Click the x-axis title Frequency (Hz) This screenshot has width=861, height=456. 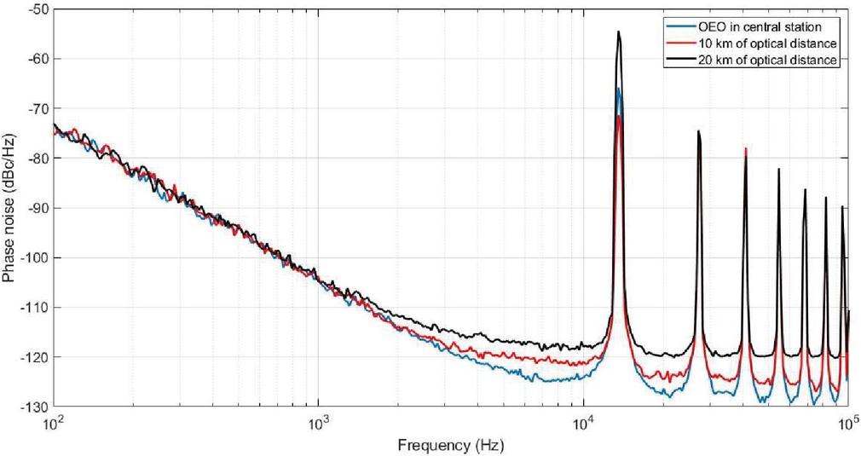[x=449, y=444]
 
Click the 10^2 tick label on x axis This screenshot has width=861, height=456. [x=54, y=422]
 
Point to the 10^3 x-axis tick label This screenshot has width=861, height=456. [x=318, y=422]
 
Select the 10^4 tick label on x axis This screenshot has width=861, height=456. [x=583, y=422]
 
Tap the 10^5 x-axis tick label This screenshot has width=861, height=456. [x=847, y=422]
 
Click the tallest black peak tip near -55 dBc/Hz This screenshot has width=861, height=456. [x=619, y=32]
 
